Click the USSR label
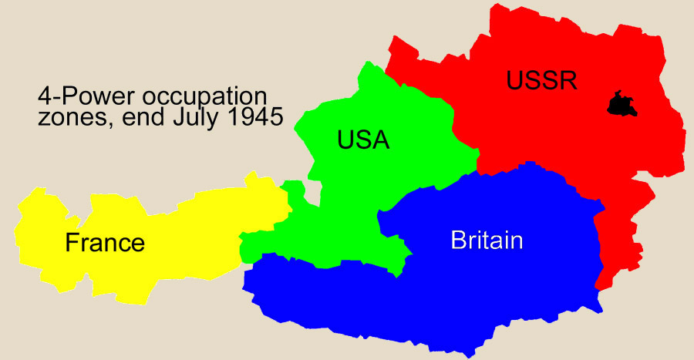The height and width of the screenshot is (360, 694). click(x=541, y=80)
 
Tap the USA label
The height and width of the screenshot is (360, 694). click(x=363, y=140)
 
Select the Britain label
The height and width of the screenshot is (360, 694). click(x=487, y=241)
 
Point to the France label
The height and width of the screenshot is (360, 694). click(x=105, y=243)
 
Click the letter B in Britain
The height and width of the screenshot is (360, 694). click(x=457, y=241)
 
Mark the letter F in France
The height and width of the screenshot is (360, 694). click(x=72, y=243)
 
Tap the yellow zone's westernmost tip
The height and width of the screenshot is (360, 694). click(x=16, y=231)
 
